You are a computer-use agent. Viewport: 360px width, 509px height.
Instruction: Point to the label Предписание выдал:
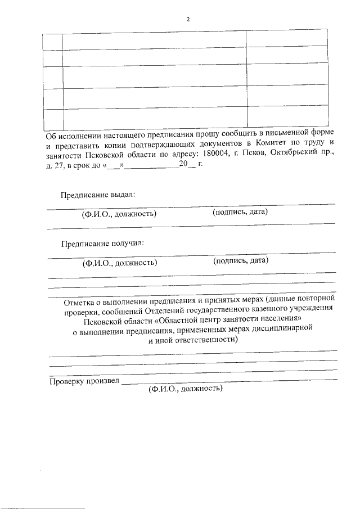98,195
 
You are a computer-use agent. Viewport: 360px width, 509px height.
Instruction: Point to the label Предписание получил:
102,244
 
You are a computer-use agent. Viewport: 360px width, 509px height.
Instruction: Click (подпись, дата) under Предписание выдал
240,212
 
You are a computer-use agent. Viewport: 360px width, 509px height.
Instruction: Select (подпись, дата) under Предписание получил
241,260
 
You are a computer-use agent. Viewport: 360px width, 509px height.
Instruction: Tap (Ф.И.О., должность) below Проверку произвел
186,389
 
